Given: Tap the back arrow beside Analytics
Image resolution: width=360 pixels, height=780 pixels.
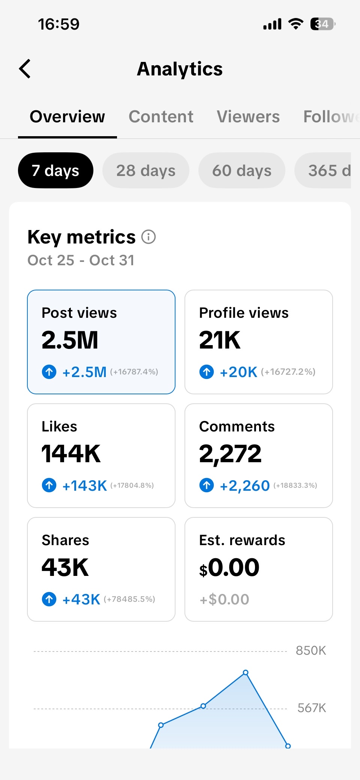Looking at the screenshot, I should pyautogui.click(x=25, y=69).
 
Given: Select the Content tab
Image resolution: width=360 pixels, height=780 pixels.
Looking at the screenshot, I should pyautogui.click(x=161, y=117).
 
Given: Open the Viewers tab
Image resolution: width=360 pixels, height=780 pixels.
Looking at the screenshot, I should pyautogui.click(x=248, y=117).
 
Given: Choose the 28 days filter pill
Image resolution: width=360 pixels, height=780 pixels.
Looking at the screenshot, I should pyautogui.click(x=146, y=171).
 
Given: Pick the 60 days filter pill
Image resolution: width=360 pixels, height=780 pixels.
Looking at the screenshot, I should pyautogui.click(x=242, y=171).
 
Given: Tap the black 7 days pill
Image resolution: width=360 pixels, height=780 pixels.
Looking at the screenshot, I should pyautogui.click(x=55, y=171).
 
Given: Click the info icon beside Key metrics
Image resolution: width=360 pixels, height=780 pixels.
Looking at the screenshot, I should pyautogui.click(x=148, y=237).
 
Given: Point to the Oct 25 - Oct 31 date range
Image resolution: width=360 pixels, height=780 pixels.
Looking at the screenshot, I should pyautogui.click(x=81, y=260).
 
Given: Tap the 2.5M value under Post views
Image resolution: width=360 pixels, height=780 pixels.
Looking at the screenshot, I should pyautogui.click(x=70, y=340).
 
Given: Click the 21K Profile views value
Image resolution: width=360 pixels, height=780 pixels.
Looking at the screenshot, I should pyautogui.click(x=220, y=340).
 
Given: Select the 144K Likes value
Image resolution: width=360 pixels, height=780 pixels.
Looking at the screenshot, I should pyautogui.click(x=71, y=454).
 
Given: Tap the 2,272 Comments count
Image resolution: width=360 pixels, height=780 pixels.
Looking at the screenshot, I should pyautogui.click(x=230, y=454).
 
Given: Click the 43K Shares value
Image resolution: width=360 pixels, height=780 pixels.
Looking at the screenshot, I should pyautogui.click(x=65, y=568).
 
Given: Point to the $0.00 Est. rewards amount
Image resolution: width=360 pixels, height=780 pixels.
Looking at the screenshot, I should pyautogui.click(x=229, y=568).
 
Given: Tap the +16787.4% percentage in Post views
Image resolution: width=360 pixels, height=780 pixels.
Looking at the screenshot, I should pyautogui.click(x=134, y=372).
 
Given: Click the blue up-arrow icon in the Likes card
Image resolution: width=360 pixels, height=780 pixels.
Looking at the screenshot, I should pyautogui.click(x=49, y=485).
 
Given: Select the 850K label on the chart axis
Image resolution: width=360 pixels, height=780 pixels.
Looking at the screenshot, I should pyautogui.click(x=311, y=651).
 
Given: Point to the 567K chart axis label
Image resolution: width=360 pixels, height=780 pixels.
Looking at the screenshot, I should pyautogui.click(x=312, y=708).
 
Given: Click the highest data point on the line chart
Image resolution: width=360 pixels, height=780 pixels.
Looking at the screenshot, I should pyautogui.click(x=246, y=673).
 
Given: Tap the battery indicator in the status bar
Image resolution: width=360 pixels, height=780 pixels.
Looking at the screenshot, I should pyautogui.click(x=322, y=24).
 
